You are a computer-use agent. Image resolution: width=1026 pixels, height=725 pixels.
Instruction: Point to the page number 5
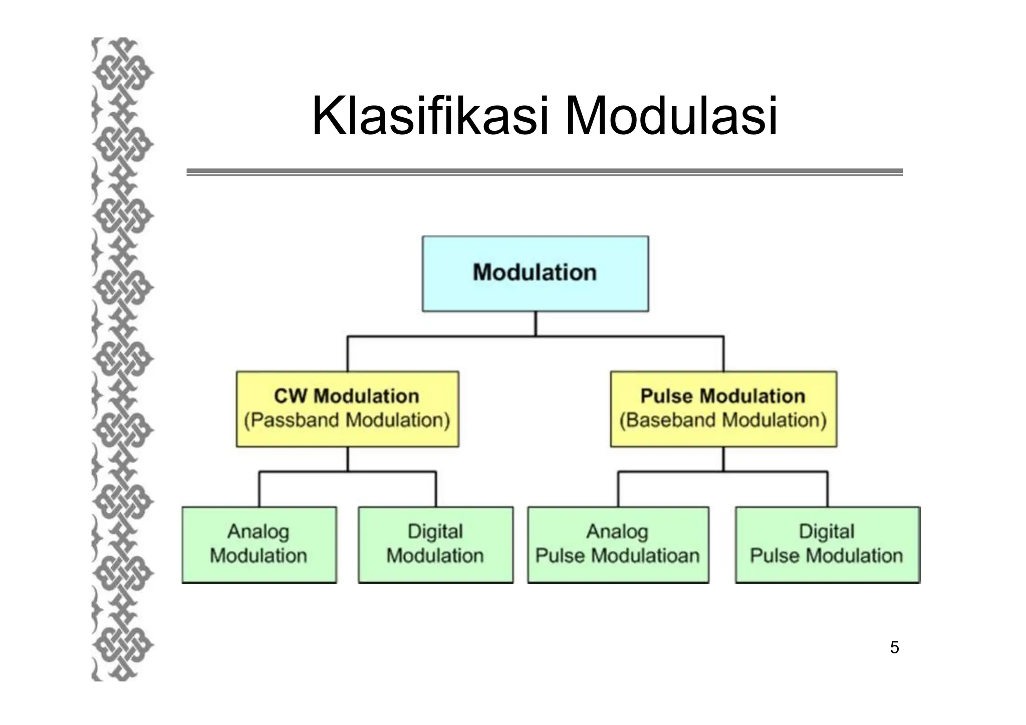(894, 648)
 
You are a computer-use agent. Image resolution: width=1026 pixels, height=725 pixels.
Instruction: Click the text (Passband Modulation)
(347, 420)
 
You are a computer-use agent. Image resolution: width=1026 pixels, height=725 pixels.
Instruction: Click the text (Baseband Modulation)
(723, 420)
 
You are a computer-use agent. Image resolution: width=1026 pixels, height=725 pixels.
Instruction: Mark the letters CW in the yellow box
(290, 396)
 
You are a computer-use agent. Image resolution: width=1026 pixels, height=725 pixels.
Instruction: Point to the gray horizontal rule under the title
(545, 172)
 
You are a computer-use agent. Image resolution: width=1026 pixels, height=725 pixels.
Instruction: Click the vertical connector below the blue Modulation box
(536, 324)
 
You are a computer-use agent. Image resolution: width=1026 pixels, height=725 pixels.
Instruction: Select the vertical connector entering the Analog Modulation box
(259, 490)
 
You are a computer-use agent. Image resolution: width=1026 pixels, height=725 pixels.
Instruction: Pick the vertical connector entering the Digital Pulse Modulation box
(827, 490)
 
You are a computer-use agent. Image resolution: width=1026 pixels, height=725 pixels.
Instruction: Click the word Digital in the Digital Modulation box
(435, 532)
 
